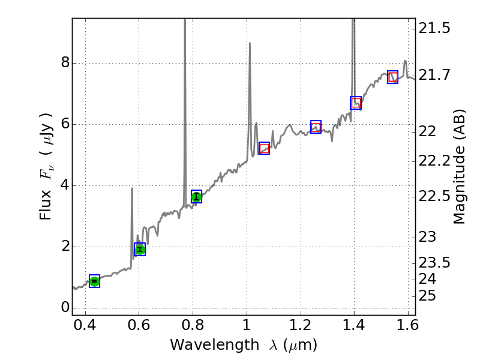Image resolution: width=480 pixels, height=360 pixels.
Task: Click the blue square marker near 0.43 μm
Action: (x=94, y=281)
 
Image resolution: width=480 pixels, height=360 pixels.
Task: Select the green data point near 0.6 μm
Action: (x=140, y=250)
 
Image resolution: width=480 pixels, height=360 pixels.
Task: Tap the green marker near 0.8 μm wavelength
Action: (x=196, y=196)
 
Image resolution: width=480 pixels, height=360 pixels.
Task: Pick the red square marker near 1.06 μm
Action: (x=264, y=148)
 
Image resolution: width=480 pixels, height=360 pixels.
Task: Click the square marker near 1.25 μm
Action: (x=316, y=126)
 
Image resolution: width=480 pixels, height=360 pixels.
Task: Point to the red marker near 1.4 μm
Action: (x=356, y=103)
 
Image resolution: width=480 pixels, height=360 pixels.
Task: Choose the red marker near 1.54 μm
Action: (x=393, y=77)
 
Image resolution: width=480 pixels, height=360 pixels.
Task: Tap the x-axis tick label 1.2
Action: (x=300, y=327)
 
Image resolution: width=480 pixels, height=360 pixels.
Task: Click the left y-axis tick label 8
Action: (x=65, y=63)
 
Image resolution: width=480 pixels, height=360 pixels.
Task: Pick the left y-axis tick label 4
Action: (x=65, y=185)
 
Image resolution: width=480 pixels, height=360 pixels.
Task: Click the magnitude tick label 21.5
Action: (x=435, y=28)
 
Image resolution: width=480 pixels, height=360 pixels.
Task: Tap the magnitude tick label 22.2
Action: (x=435, y=161)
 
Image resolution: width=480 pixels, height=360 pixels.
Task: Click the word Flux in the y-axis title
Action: (x=46, y=206)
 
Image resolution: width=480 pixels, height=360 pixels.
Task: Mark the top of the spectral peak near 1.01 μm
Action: (x=250, y=43)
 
